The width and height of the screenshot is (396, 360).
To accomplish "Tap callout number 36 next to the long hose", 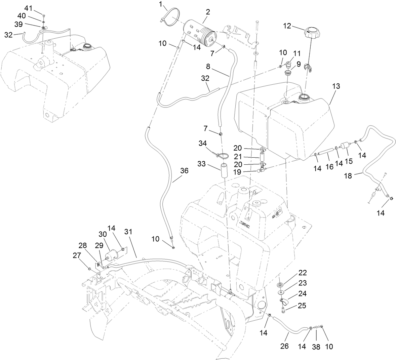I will tap(184, 171).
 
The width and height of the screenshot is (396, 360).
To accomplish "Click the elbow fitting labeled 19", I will tap(261, 171).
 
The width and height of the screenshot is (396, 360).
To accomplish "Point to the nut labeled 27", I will tap(90, 269).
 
